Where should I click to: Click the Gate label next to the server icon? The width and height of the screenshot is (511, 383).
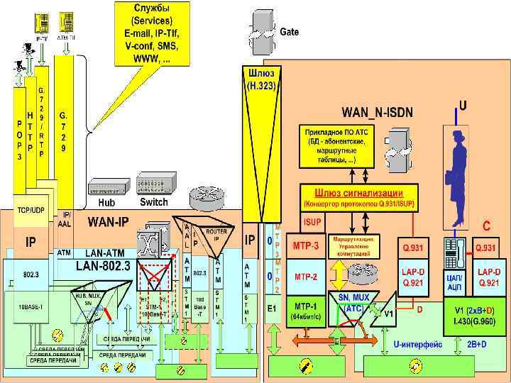click(289, 32)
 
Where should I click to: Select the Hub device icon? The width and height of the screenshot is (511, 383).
click(107, 188)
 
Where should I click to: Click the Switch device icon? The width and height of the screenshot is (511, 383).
click(153, 186)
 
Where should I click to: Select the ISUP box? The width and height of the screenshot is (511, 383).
click(312, 222)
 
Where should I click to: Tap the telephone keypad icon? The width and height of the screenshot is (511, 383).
click(453, 248)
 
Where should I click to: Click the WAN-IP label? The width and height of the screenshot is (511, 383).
click(107, 223)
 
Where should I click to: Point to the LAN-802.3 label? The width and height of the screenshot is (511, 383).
click(103, 266)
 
